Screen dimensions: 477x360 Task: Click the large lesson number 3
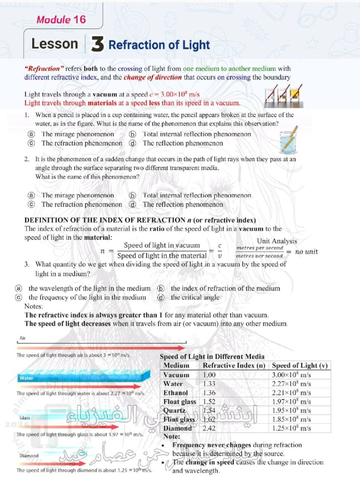point(97,44)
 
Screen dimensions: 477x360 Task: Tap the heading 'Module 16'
point(61,20)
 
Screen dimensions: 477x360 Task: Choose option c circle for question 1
point(32,143)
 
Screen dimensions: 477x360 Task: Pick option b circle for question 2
point(132,195)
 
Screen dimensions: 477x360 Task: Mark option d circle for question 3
point(161,297)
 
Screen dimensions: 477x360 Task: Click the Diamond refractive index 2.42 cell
point(209,428)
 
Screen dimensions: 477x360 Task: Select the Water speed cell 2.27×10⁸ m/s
point(291,384)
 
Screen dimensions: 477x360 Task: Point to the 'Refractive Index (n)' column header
point(234,366)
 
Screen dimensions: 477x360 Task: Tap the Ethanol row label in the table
point(176,393)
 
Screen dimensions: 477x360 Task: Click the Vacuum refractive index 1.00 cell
point(209,375)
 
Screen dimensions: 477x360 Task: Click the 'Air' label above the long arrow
point(23,338)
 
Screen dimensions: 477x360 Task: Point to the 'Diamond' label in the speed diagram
point(29,455)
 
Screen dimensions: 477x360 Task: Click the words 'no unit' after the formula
point(306,252)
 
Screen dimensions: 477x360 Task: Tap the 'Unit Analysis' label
point(277,241)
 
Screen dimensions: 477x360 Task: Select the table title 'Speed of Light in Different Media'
point(212,357)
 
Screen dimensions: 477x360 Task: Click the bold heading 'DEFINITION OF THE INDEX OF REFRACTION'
point(105,220)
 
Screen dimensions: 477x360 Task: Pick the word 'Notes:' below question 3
point(34,306)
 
